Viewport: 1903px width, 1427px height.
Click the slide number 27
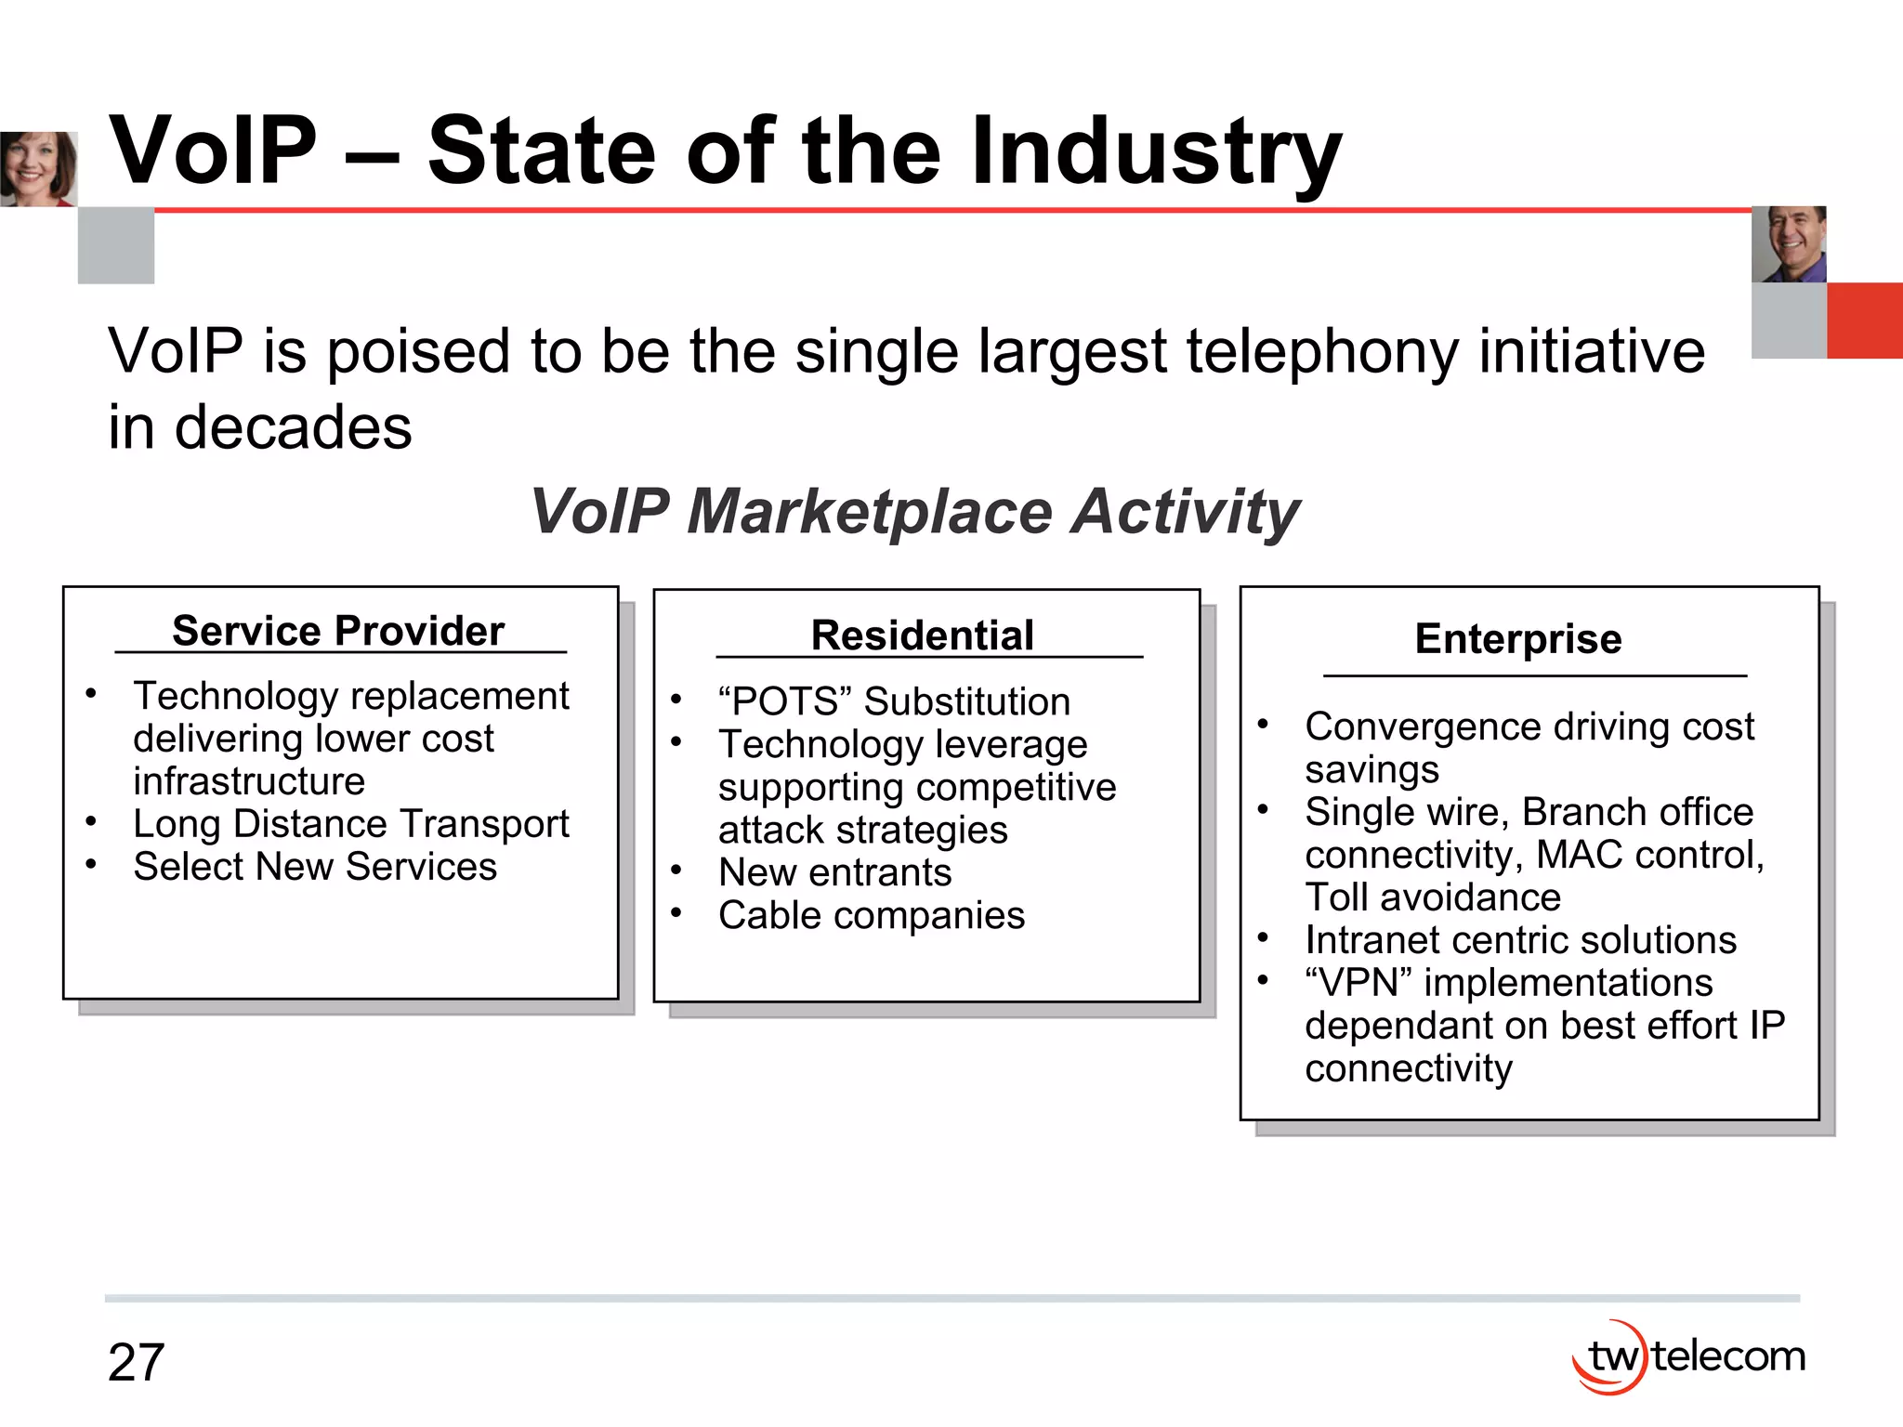click(x=136, y=1363)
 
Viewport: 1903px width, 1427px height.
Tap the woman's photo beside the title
click(x=38, y=169)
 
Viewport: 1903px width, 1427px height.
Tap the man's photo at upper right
click(x=1789, y=244)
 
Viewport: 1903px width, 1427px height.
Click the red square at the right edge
click(x=1864, y=321)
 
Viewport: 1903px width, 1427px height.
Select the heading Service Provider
click(x=338, y=631)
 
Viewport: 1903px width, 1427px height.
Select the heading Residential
click(x=922, y=635)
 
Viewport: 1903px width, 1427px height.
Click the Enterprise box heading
click(x=1518, y=639)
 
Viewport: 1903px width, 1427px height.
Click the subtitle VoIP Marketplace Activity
click(x=914, y=511)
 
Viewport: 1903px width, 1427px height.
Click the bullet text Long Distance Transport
click(x=350, y=824)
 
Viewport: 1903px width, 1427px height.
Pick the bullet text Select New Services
click(x=315, y=867)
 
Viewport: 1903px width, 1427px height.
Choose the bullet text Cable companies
click(x=871, y=916)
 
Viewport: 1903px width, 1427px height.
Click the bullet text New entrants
click(x=834, y=873)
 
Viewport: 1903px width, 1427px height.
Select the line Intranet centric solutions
click(x=1520, y=940)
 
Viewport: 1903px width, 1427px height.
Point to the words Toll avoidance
click(x=1432, y=897)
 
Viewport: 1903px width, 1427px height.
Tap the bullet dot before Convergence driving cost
click(x=1263, y=725)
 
